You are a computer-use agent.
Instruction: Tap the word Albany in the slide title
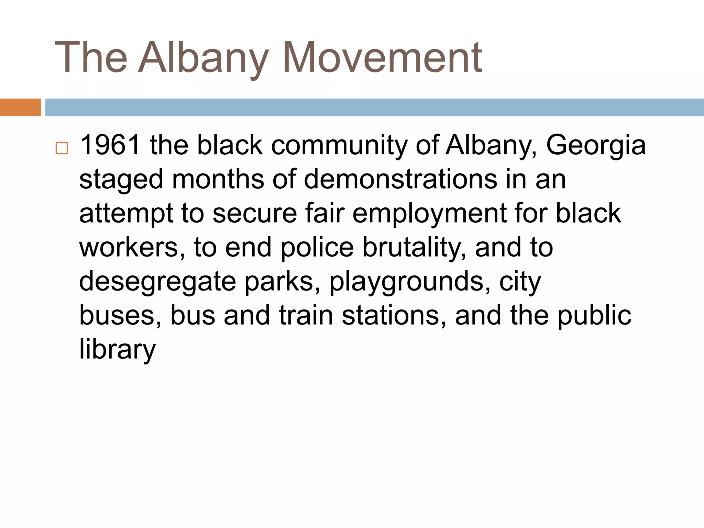(203, 57)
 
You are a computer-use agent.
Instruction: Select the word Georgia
(596, 146)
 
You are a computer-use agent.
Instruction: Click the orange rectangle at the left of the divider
(20, 107)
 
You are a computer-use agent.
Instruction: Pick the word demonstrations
(400, 179)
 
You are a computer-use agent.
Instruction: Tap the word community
(339, 146)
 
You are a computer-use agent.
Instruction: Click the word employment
(429, 213)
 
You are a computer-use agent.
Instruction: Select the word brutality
(414, 247)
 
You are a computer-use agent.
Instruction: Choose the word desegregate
(157, 281)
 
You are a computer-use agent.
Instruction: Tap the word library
(118, 349)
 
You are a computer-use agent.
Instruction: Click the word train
(306, 315)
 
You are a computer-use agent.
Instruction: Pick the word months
(218, 179)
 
